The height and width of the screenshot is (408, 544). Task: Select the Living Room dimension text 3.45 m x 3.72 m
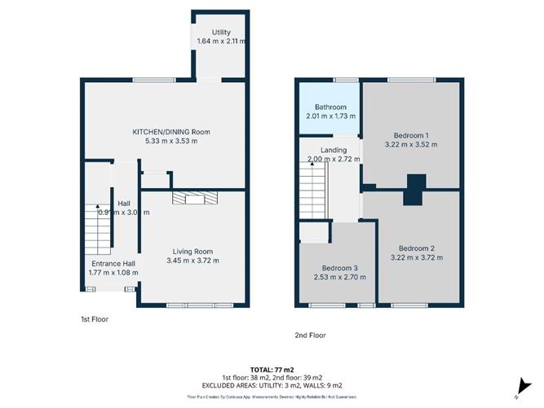192,261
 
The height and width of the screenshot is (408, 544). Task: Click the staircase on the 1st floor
98,228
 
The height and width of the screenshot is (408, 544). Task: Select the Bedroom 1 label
411,135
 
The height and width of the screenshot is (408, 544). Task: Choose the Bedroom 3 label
338,268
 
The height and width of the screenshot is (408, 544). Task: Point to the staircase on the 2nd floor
312,195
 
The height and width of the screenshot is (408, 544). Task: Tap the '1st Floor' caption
94,320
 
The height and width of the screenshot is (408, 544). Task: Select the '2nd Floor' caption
312,335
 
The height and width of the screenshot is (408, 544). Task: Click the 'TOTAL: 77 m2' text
272,369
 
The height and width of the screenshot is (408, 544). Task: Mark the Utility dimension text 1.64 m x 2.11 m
222,42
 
